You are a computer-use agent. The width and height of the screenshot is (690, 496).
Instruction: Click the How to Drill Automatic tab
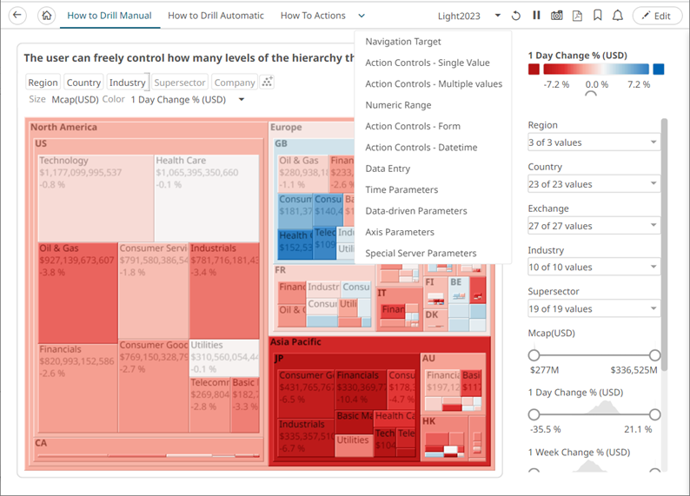(x=216, y=16)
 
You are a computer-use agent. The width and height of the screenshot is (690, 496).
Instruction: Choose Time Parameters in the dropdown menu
(x=401, y=189)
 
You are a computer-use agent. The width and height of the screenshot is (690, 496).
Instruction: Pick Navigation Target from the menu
(x=403, y=42)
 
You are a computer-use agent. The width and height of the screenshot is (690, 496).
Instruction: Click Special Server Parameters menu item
(x=421, y=254)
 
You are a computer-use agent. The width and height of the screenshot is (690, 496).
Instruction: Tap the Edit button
(x=656, y=16)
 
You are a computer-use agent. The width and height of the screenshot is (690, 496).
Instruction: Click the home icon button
(x=47, y=16)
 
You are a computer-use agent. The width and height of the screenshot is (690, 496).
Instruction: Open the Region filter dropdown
(x=593, y=142)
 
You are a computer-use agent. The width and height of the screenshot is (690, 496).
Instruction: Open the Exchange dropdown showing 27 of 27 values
(x=593, y=226)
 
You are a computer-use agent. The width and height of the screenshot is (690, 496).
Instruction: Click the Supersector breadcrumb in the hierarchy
(x=180, y=83)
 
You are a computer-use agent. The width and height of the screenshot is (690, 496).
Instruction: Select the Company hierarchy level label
(x=235, y=83)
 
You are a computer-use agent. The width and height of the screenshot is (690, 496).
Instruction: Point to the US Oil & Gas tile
(x=76, y=291)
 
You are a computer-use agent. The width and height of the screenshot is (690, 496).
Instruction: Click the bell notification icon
(x=618, y=16)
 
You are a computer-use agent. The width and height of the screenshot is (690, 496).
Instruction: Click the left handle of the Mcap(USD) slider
(x=534, y=354)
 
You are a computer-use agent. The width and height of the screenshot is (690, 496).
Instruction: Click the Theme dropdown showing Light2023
(x=468, y=16)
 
